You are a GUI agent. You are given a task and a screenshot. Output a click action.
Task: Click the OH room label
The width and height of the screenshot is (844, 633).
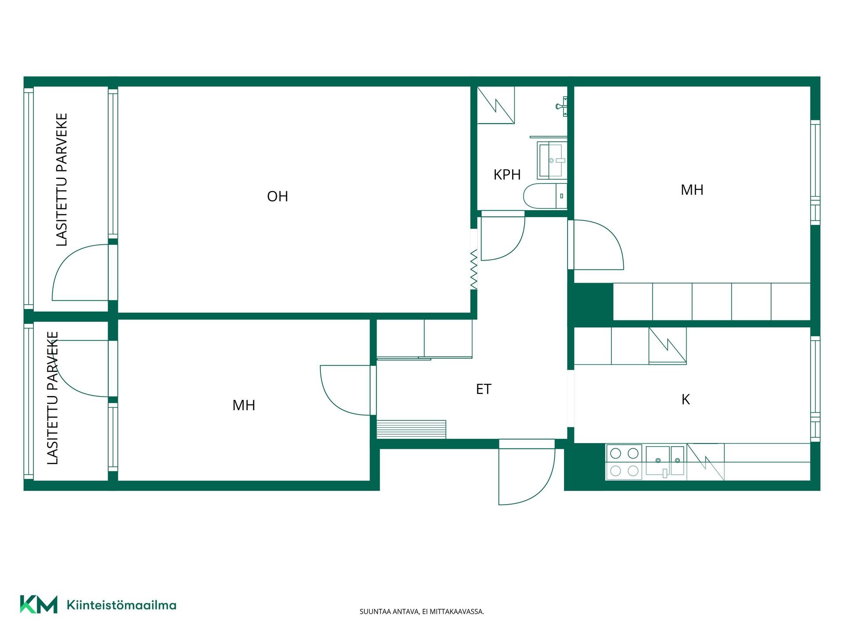point(277,196)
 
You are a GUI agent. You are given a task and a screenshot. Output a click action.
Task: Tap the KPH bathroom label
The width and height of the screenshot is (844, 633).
point(507,175)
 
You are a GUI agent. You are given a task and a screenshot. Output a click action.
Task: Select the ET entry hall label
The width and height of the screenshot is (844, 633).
point(484,389)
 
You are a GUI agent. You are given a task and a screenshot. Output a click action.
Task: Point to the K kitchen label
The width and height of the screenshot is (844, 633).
point(685,399)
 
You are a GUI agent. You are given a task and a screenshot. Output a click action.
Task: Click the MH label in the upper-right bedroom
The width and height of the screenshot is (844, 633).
point(692,189)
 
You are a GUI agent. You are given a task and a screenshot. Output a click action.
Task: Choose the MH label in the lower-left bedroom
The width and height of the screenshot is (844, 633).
point(244,405)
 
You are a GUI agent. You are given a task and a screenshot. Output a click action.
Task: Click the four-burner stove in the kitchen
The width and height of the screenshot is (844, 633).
point(624,462)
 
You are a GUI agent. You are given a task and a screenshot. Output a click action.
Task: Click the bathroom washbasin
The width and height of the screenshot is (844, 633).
point(553,160)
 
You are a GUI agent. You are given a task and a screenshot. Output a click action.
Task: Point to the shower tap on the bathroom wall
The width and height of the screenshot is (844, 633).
point(562,106)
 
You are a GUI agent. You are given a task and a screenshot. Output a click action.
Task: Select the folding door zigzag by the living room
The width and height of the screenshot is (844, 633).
point(473,269)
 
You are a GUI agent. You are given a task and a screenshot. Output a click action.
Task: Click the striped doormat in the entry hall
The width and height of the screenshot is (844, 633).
point(411,429)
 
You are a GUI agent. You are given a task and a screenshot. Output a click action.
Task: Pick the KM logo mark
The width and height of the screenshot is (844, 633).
point(39,604)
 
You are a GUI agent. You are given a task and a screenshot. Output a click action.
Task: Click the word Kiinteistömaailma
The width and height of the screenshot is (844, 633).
point(121,605)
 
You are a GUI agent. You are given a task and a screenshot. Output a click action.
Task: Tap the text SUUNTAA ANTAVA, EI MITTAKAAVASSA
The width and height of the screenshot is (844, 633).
point(422,611)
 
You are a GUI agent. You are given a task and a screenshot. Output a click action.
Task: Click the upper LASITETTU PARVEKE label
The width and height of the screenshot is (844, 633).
point(62,179)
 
